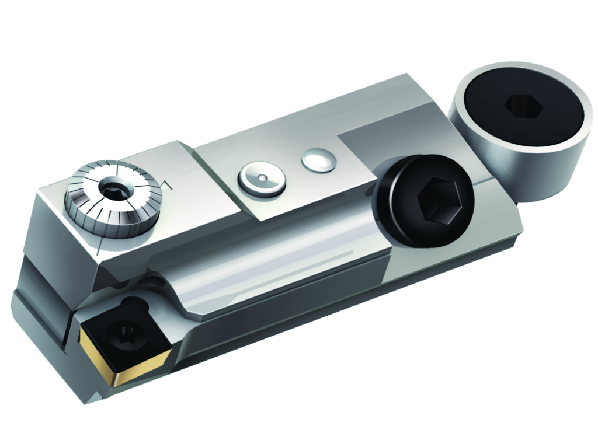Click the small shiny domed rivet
tap(318, 160)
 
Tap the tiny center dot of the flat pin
tap(262, 177)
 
